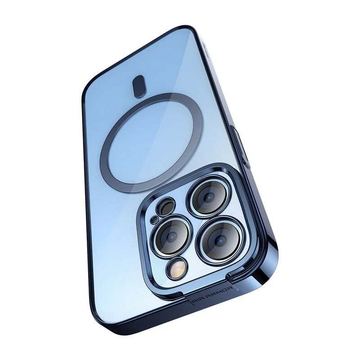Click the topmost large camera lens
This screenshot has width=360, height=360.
209,196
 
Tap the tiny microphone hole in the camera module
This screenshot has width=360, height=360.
153,220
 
